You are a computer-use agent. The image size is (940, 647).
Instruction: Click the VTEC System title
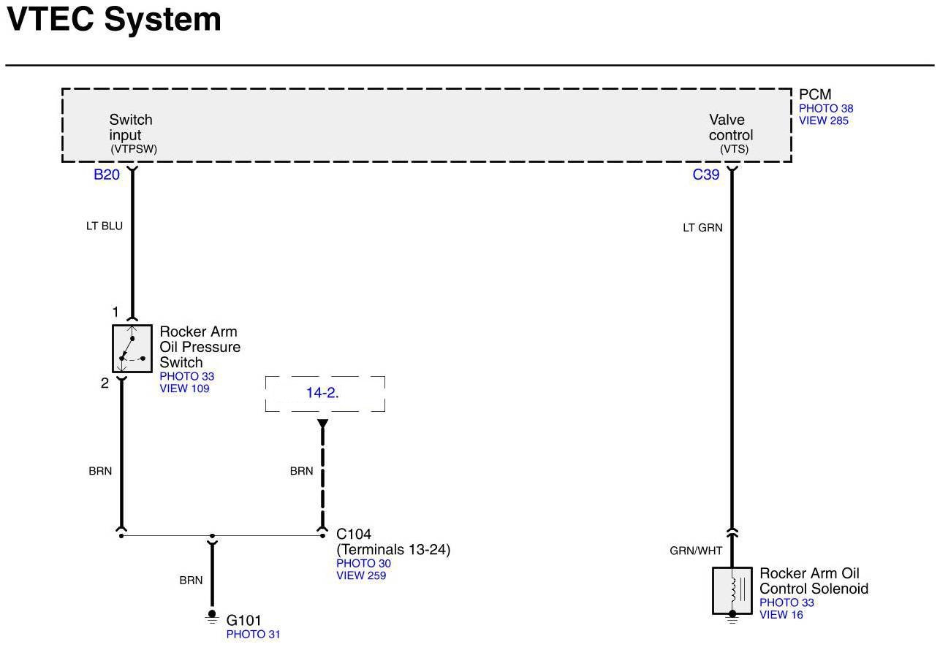[114, 20]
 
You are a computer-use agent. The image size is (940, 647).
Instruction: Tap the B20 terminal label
[107, 175]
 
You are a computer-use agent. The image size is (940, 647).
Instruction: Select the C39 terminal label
[706, 175]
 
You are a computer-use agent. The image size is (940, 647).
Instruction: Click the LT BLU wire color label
[105, 226]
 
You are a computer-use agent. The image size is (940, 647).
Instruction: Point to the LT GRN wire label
[703, 228]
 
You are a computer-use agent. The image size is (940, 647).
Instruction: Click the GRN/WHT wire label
[696, 551]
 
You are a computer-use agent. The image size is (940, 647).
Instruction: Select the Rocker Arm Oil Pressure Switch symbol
[132, 348]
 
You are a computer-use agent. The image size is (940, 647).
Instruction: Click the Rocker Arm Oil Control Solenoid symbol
[732, 590]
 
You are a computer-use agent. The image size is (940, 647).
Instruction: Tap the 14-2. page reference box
[325, 394]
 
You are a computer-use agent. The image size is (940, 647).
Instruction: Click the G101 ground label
[244, 620]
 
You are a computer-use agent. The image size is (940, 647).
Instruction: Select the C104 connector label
[354, 535]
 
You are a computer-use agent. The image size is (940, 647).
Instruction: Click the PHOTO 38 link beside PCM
[826, 109]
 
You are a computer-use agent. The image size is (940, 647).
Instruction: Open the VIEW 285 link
[823, 120]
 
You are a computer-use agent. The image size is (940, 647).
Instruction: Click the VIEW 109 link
[184, 388]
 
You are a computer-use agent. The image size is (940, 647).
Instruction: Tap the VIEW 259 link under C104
[361, 575]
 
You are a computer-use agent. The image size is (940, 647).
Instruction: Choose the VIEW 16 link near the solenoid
[781, 615]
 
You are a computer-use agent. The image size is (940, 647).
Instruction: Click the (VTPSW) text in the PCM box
[134, 149]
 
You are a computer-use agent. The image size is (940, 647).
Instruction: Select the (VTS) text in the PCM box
[735, 149]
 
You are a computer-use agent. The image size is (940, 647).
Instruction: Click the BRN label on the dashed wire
[301, 471]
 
